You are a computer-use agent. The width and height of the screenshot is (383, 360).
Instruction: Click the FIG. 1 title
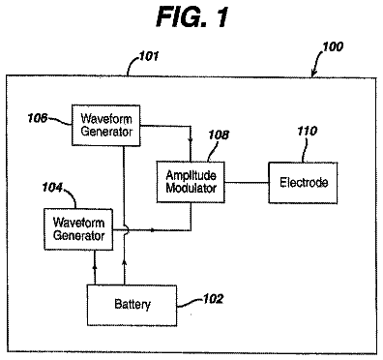(x=192, y=16)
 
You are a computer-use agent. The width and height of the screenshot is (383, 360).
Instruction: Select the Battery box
(x=132, y=305)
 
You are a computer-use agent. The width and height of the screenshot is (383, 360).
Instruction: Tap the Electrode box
(x=303, y=183)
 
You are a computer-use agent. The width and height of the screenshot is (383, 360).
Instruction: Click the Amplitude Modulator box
(x=191, y=182)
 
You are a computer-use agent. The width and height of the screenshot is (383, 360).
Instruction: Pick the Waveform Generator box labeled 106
(x=106, y=125)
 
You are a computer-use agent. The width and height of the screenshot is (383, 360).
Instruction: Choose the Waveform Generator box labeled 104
(x=78, y=229)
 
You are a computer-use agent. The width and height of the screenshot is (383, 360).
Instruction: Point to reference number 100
(x=333, y=47)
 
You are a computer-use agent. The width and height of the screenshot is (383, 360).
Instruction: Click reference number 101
(x=149, y=57)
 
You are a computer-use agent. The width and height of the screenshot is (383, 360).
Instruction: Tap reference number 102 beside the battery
(x=213, y=299)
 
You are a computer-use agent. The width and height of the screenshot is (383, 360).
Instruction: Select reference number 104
(x=52, y=188)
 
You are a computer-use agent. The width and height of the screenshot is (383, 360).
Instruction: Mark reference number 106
(x=37, y=118)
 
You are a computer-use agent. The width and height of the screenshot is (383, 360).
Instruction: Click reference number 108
(x=219, y=135)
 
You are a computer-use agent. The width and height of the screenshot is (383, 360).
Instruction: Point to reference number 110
(x=308, y=131)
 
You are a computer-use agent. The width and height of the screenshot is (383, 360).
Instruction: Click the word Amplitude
(x=191, y=175)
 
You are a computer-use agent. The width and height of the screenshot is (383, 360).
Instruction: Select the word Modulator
(x=191, y=188)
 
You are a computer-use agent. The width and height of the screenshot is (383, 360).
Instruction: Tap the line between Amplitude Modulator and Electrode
(x=247, y=183)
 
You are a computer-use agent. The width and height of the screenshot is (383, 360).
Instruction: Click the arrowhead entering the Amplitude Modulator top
(x=191, y=142)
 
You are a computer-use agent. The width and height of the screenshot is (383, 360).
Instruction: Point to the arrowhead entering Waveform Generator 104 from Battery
(x=95, y=266)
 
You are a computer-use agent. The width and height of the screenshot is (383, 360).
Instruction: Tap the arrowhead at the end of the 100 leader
(x=312, y=75)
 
